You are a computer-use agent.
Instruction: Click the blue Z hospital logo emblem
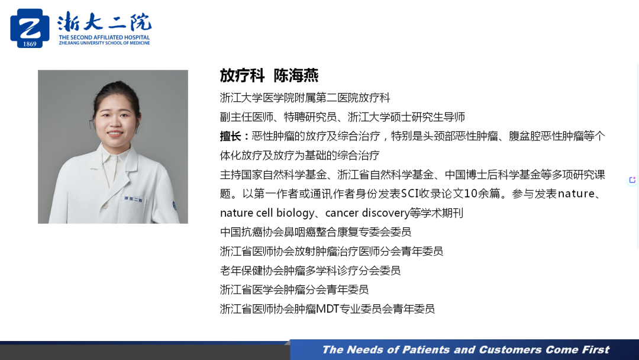pos(30,28)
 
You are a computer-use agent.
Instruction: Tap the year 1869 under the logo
pos(30,44)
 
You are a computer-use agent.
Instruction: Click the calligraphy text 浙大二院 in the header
pos(104,22)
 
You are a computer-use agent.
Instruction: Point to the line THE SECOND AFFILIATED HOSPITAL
pos(104,37)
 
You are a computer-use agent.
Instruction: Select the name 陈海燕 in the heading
pos(296,75)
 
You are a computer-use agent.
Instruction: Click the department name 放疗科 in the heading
pos(242,75)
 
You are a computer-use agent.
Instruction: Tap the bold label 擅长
pos(230,136)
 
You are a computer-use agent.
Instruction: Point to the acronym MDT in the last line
pos(328,309)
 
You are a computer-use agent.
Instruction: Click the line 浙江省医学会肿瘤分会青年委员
pos(294,290)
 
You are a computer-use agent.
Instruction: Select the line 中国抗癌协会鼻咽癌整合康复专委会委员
pos(315,232)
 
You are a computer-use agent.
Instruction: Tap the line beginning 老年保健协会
pos(310,271)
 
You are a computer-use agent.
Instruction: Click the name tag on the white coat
pos(133,200)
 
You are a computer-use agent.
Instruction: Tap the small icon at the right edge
pos(632,180)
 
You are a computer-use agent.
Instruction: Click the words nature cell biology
pos(267,213)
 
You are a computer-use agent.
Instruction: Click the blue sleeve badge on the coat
pos(175,206)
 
